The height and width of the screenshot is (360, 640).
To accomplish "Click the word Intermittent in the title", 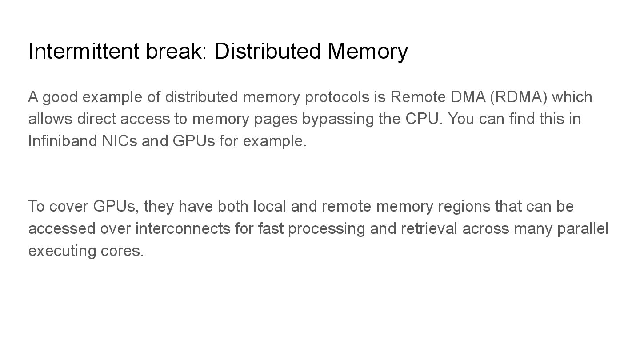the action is [x=84, y=51].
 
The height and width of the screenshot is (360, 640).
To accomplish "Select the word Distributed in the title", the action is [x=267, y=51].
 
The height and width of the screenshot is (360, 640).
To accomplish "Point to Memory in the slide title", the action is [x=368, y=51].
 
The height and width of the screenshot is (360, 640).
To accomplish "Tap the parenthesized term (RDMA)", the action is [x=518, y=97].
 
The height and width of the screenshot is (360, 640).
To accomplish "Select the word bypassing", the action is [x=338, y=119].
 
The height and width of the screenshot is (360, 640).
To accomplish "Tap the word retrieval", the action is [x=429, y=228].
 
